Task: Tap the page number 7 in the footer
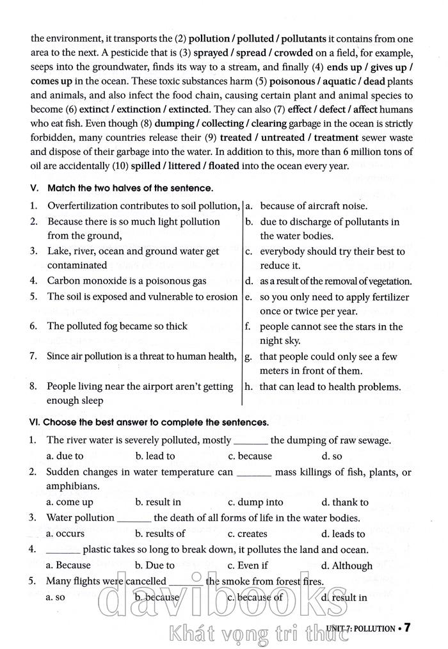point(406,627)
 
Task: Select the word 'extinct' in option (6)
point(94,110)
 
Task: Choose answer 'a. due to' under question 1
point(65,456)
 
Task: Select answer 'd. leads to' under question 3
point(343,534)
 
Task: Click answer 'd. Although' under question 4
point(347,565)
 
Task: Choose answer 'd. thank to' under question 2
point(345,502)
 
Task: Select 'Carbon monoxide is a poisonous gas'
point(127,280)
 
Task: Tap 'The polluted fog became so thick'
point(117,326)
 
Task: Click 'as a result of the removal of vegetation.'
point(335,281)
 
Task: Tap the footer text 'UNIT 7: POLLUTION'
point(360,629)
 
